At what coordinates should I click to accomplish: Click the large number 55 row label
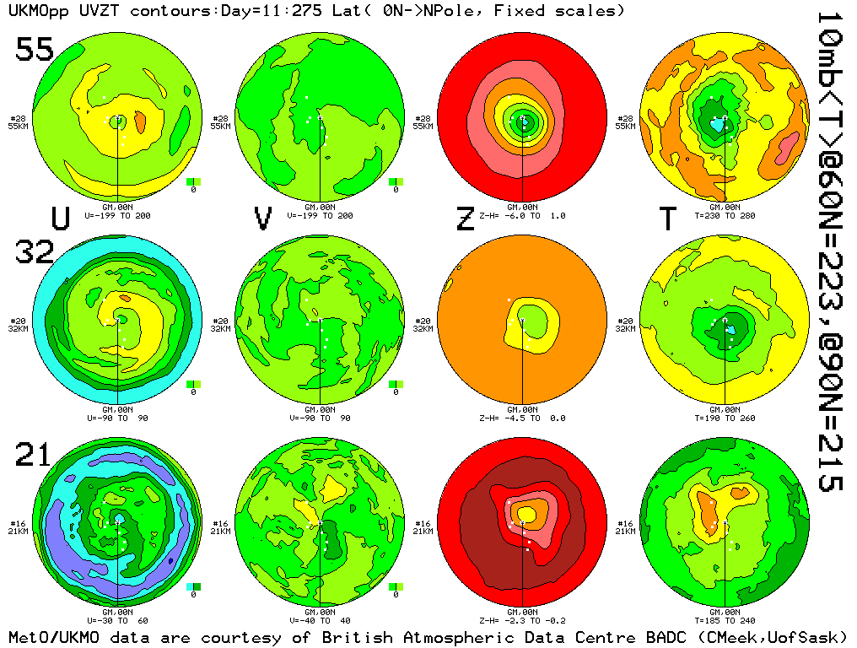point(35,50)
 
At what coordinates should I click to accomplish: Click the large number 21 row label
point(35,456)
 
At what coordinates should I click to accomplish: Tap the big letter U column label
point(61,219)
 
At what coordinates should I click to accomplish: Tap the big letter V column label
point(263,219)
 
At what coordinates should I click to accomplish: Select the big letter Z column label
point(465,219)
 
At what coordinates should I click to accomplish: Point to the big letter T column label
point(667,219)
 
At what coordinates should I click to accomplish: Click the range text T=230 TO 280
point(725,215)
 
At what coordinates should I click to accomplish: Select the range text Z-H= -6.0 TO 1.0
point(523,215)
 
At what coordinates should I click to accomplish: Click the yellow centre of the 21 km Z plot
point(526,513)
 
